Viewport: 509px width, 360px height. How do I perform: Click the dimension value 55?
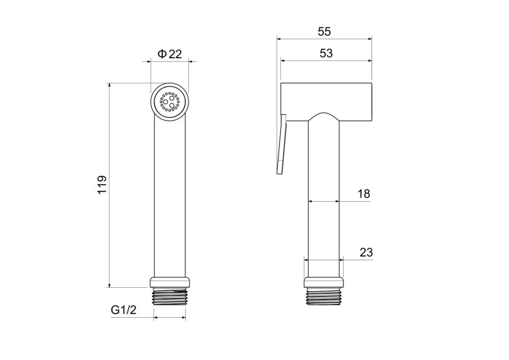(324, 32)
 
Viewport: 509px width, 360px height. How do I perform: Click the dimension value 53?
(326, 53)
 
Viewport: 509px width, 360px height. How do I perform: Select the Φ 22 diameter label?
(170, 53)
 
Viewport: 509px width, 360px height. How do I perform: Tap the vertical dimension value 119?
(102, 185)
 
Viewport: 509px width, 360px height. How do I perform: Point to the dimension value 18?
(363, 194)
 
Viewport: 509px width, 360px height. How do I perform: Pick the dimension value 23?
(366, 252)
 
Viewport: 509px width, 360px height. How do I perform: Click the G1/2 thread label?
(124, 310)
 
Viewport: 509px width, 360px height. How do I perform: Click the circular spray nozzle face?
(169, 102)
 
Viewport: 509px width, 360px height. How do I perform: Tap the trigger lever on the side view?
(281, 144)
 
